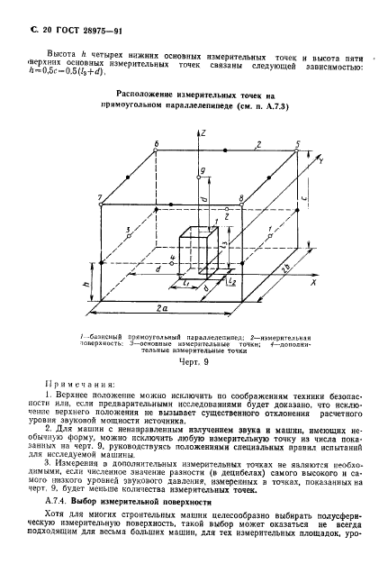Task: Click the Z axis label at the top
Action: point(206,133)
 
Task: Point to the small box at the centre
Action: point(195,253)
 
